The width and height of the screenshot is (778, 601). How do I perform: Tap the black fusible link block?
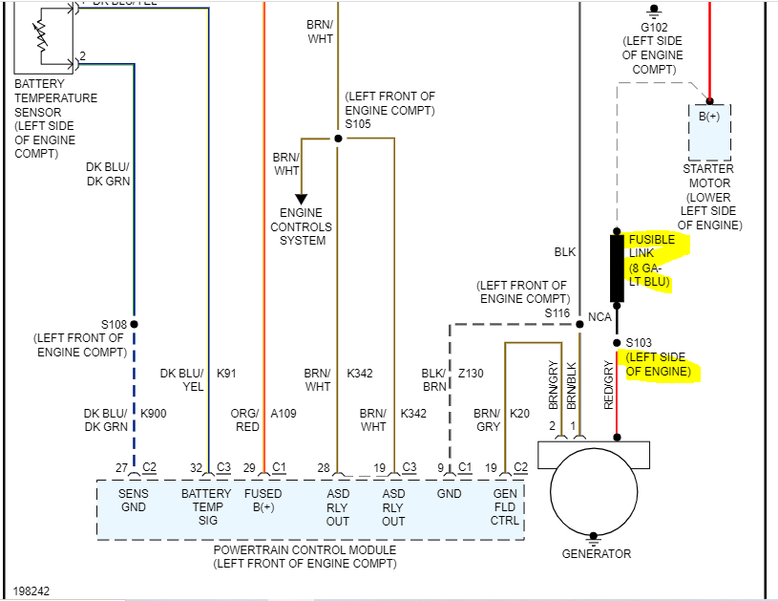click(x=617, y=268)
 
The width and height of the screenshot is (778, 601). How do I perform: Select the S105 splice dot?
click(x=337, y=139)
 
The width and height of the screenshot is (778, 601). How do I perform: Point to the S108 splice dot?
click(x=135, y=324)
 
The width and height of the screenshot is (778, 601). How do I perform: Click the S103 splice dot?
click(x=617, y=341)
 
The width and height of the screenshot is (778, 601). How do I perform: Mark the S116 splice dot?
click(x=578, y=324)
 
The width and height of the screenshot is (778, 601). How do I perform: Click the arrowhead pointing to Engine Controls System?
click(x=301, y=199)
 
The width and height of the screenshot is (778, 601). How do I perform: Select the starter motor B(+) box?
click(x=709, y=131)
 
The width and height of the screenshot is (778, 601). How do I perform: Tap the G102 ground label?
click(x=654, y=28)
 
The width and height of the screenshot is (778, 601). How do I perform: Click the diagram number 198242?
click(x=32, y=591)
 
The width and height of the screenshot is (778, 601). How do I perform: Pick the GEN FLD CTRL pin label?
click(x=505, y=507)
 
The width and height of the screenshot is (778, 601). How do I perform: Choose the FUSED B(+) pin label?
click(x=263, y=501)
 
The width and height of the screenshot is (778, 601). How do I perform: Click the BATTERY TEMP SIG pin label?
click(x=207, y=507)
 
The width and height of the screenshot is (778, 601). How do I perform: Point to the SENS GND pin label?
click(x=134, y=501)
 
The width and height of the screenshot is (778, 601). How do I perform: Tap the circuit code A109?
click(x=284, y=414)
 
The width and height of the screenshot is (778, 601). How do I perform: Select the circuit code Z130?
click(x=471, y=375)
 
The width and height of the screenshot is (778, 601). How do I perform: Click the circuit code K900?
click(x=154, y=414)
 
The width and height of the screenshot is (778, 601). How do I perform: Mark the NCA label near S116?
click(x=599, y=317)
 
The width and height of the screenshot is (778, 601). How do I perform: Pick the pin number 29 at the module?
click(x=249, y=467)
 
